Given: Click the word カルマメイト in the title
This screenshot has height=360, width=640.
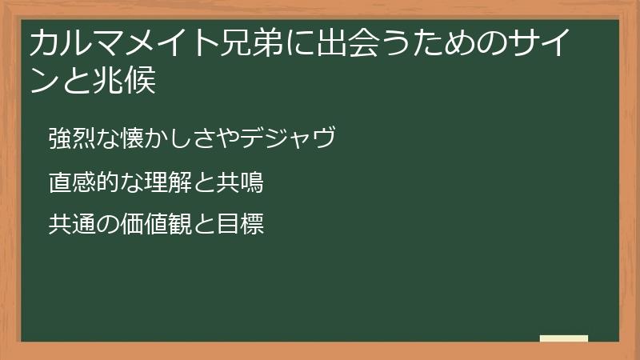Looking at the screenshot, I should (x=111, y=45).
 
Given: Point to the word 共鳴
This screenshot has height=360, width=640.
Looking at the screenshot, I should (x=241, y=183).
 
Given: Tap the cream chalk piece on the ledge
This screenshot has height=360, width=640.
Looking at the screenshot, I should (x=564, y=338).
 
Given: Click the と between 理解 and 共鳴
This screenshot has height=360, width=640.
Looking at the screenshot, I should (x=202, y=183).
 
